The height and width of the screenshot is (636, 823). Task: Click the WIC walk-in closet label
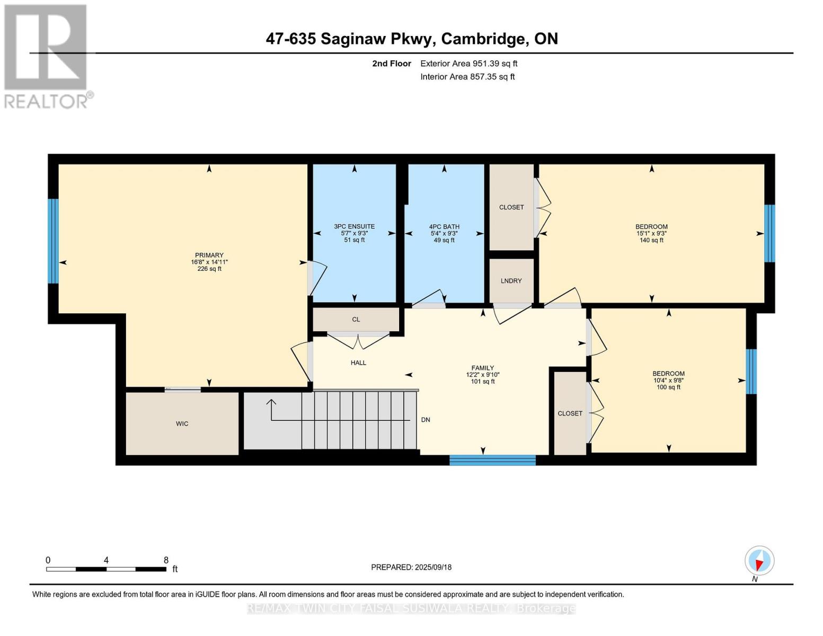click(x=182, y=423)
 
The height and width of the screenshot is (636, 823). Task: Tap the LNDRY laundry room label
click(x=511, y=281)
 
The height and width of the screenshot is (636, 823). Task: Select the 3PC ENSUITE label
click(x=354, y=226)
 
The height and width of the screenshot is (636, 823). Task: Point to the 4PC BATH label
click(x=444, y=226)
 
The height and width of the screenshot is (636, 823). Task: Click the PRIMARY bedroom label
click(x=209, y=255)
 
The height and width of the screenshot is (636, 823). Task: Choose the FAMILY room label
click(x=483, y=368)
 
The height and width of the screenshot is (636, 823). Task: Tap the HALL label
click(x=358, y=363)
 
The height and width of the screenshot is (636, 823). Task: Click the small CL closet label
click(x=356, y=320)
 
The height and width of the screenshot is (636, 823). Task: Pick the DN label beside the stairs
click(x=426, y=420)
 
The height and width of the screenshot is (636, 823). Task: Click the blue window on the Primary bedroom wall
click(x=53, y=241)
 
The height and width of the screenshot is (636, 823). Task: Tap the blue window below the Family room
click(x=492, y=460)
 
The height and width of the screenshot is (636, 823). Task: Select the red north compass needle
click(x=759, y=565)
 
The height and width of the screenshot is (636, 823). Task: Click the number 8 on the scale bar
click(x=166, y=560)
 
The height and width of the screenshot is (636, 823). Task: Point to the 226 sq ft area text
click(x=209, y=269)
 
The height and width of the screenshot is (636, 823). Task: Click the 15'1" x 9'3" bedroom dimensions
click(x=651, y=233)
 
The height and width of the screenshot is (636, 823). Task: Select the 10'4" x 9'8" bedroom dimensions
click(x=668, y=381)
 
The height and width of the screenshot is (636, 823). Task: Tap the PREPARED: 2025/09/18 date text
click(x=411, y=567)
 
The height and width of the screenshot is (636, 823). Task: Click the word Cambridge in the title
click(x=485, y=39)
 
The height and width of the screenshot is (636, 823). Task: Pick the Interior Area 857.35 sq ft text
click(x=467, y=76)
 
